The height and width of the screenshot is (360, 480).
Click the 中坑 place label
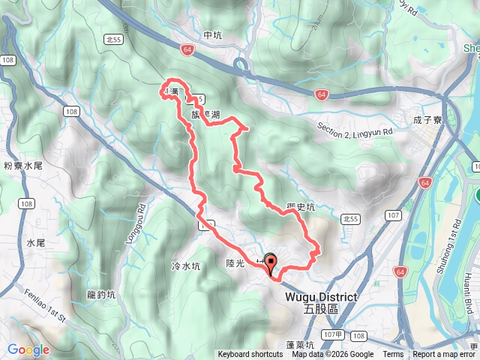pos(213,34)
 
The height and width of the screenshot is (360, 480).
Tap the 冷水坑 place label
pos(185,266)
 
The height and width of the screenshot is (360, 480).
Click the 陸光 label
pos(235,263)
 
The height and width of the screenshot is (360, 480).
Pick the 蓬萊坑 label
pos(300,346)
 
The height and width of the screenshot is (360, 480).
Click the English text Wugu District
pos(321,297)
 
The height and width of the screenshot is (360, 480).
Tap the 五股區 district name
pos(321,309)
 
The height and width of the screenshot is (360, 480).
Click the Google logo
pos(28,349)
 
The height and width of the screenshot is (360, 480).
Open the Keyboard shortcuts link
pos(250,355)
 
